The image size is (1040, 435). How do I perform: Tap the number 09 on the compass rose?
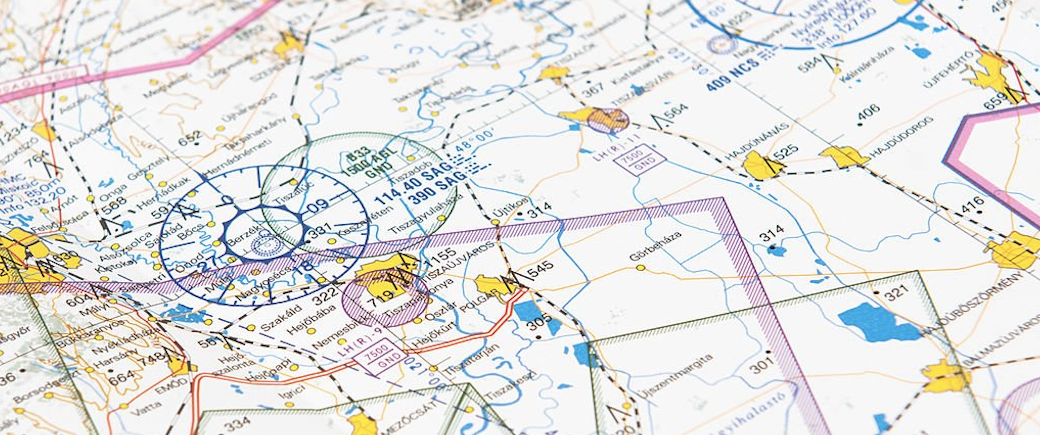click(318, 205)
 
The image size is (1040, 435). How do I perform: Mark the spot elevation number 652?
click(189, 138)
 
